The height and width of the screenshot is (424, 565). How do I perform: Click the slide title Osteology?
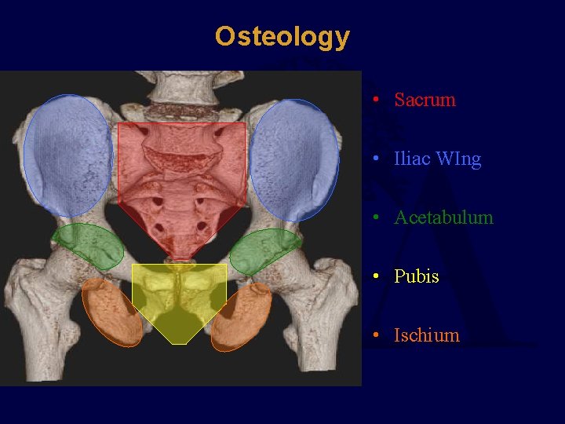pos(282,36)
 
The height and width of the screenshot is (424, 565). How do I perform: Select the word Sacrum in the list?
pos(425,100)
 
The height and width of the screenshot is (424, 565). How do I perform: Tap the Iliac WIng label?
pos(437,159)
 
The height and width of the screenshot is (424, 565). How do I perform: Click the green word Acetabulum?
pos(443,217)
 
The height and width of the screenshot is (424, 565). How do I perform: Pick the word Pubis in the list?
pos(416,276)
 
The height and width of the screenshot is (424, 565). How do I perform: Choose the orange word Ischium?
pos(426,335)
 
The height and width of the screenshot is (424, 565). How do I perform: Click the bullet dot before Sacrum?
pos(377,101)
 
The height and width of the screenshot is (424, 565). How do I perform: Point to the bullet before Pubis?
pos(377,277)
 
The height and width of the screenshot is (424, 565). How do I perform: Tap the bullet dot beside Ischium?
pos(377,336)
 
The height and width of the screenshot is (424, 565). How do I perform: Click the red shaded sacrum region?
pos(181,181)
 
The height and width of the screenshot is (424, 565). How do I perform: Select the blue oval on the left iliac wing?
pos(67,155)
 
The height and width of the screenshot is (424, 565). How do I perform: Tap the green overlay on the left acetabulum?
pos(89,246)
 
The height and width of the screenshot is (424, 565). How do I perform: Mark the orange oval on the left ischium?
pos(112,313)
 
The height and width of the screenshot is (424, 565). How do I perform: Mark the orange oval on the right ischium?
pos(242,316)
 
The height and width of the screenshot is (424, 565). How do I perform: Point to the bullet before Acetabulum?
pos(377,218)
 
